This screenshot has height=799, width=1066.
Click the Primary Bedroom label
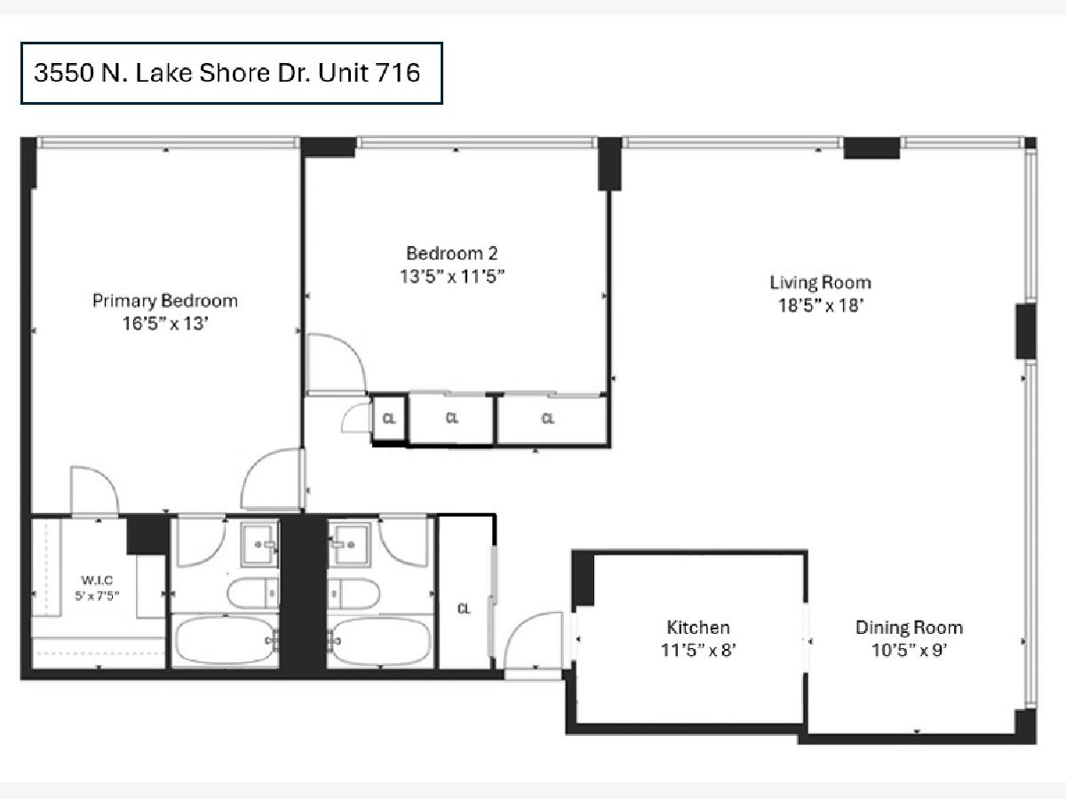click(165, 301)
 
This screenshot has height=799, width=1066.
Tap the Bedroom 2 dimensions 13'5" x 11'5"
click(451, 276)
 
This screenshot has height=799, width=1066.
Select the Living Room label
click(820, 283)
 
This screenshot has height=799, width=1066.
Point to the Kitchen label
click(698, 628)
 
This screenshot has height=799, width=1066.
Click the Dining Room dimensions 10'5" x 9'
click(909, 650)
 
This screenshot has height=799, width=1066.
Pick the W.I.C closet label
click(97, 580)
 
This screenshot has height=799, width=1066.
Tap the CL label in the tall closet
click(464, 608)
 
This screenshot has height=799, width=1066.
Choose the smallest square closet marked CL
click(388, 418)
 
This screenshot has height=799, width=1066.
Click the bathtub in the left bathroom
click(225, 640)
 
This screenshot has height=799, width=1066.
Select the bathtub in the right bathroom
click(381, 640)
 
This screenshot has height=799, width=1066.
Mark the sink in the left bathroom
click(260, 544)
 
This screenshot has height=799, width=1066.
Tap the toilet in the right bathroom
click(354, 593)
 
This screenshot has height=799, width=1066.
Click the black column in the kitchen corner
click(583, 578)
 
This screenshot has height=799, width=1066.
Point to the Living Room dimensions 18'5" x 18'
click(821, 305)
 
